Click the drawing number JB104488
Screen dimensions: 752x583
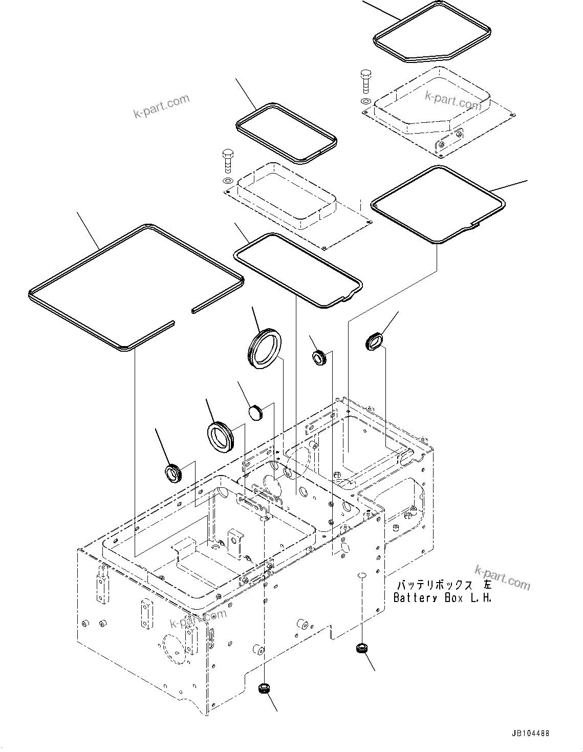click(529, 734)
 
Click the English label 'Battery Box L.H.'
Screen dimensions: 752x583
click(442, 597)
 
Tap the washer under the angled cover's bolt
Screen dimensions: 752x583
click(365, 101)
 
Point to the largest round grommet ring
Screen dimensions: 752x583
click(264, 348)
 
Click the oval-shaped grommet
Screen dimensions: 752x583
click(374, 341)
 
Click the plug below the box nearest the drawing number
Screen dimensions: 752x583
click(361, 649)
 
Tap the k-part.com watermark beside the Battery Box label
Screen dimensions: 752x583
click(502, 577)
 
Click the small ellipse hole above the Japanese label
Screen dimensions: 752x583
click(361, 575)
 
